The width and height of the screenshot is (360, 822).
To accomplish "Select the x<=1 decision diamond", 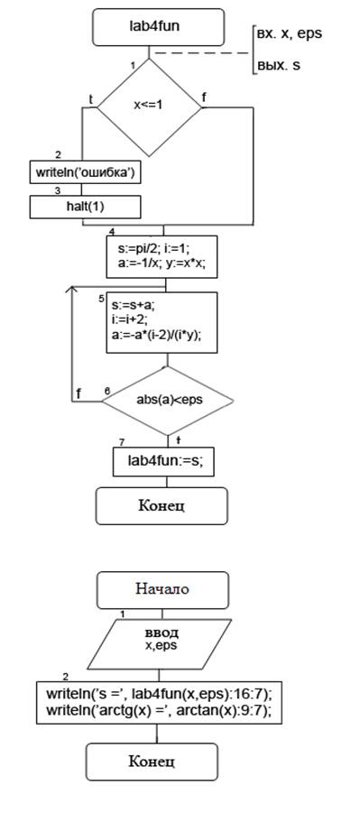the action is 150,107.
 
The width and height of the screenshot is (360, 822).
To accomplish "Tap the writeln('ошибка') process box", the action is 86,172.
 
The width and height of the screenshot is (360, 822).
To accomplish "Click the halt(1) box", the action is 86,207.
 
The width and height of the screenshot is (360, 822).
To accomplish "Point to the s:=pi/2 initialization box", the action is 162,256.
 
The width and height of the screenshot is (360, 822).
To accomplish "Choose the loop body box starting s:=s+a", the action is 162,322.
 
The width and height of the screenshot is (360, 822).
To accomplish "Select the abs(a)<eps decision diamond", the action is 168,401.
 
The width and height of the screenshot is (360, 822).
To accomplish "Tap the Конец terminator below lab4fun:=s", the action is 162,506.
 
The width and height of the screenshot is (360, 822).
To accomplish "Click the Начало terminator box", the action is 162,590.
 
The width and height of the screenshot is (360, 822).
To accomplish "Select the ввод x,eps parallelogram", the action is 162,642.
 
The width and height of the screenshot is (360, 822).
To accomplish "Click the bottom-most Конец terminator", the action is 152,762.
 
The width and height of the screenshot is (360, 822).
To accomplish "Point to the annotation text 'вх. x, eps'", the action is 289,33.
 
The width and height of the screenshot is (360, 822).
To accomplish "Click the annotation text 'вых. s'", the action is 278,66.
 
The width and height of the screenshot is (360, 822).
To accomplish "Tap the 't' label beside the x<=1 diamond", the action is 91,99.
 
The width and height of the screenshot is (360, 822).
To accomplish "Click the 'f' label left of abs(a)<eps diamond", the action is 79,393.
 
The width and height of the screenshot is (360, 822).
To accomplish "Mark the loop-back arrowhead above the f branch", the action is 72,289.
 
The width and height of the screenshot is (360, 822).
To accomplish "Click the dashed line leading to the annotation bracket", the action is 201,53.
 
